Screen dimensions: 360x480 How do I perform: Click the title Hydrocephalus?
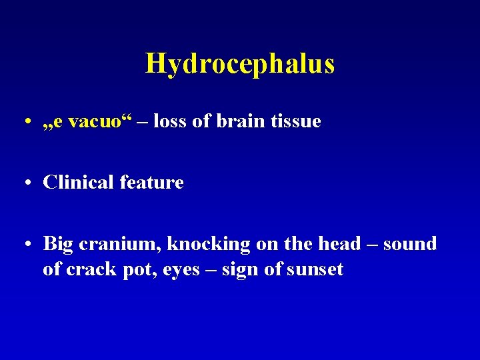point(240,64)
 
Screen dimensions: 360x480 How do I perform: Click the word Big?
point(58,244)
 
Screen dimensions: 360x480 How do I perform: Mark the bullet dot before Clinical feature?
point(25,183)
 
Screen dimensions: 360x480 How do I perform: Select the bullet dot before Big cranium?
point(25,245)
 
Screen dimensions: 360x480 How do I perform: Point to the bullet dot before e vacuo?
point(25,122)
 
